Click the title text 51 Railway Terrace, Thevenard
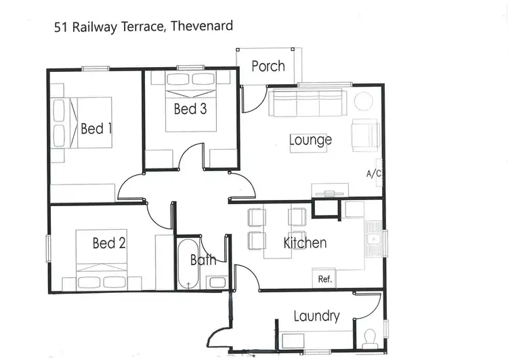click(x=143, y=27)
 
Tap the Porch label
click(x=268, y=66)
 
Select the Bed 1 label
click(x=96, y=128)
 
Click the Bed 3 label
click(x=190, y=108)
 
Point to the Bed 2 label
click(x=109, y=243)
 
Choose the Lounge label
click(x=310, y=140)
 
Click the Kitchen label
click(x=305, y=243)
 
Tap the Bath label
click(x=203, y=259)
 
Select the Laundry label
click(x=316, y=316)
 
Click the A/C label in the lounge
click(x=374, y=174)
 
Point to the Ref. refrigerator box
click(x=324, y=279)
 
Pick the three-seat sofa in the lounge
click(x=308, y=104)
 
